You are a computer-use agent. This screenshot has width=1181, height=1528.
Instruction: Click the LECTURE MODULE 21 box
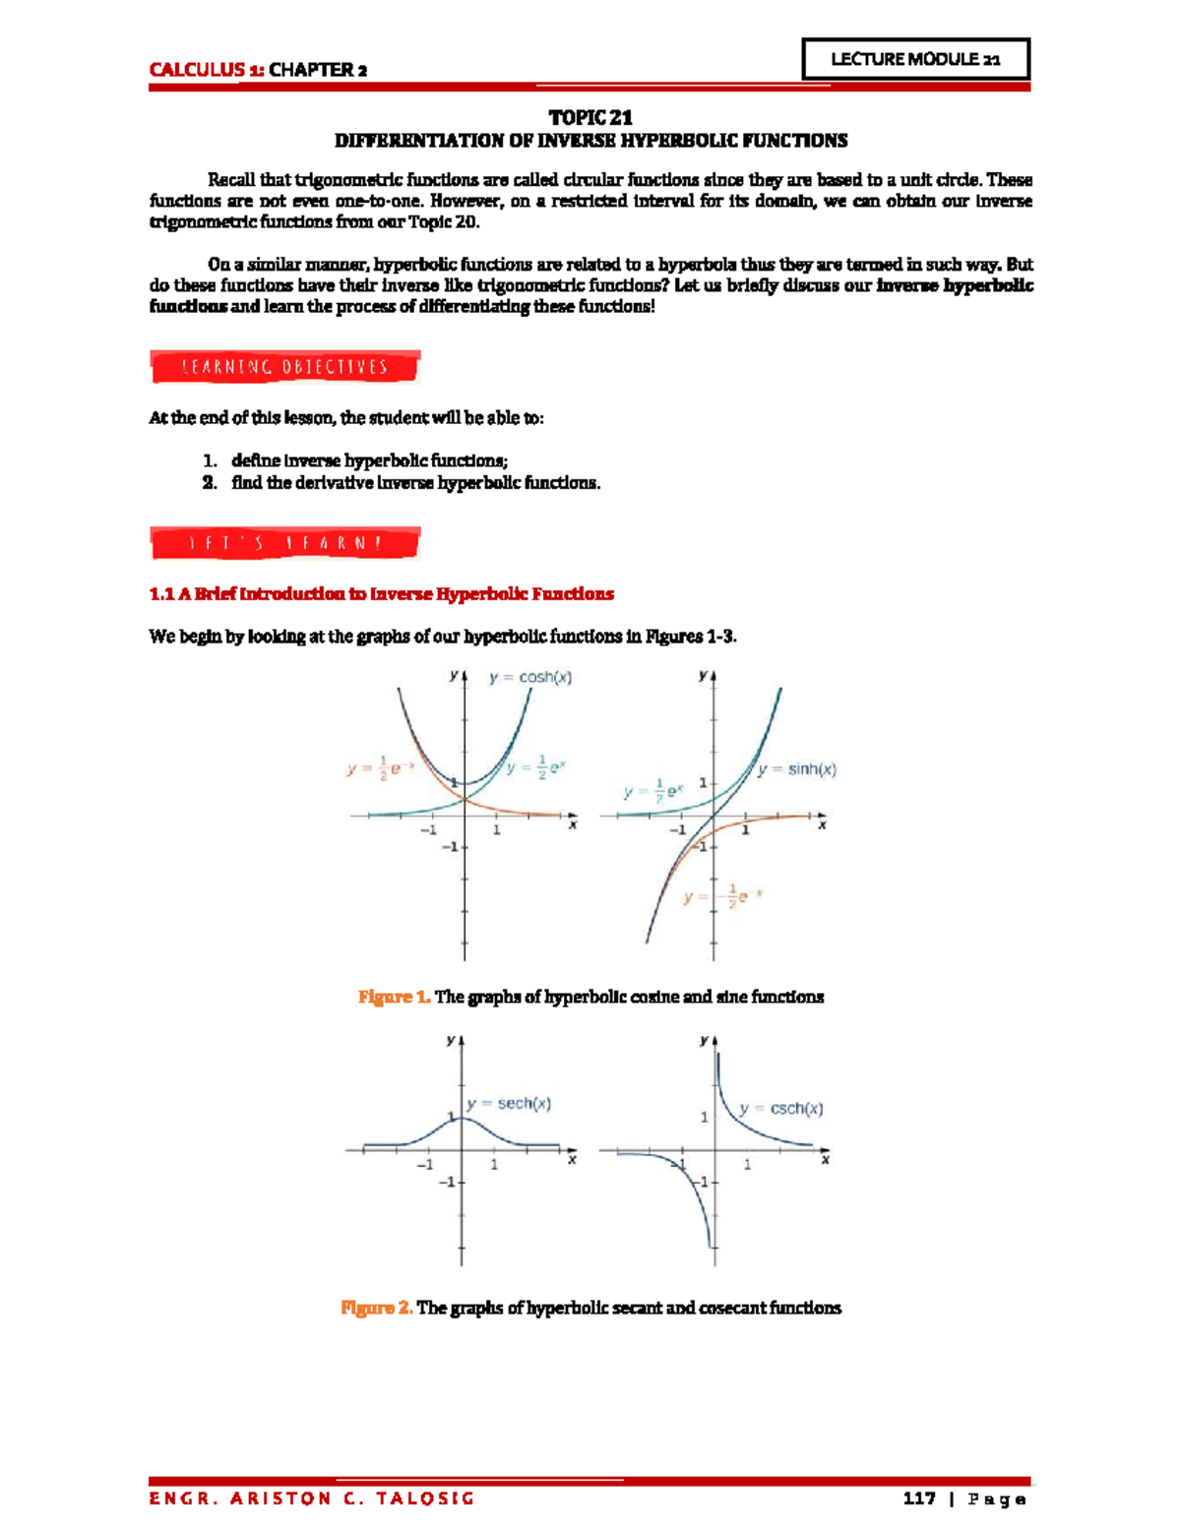click(915, 59)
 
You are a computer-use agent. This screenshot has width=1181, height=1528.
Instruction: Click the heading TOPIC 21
click(590, 117)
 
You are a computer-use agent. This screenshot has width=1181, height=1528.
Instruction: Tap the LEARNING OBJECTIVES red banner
click(284, 367)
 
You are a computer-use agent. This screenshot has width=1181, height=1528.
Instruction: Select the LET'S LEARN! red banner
click(284, 543)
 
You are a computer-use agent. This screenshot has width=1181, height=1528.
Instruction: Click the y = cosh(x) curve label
click(530, 677)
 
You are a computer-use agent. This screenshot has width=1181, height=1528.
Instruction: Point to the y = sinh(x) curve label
click(797, 769)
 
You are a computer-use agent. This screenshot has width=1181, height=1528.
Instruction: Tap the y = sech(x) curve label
click(509, 1103)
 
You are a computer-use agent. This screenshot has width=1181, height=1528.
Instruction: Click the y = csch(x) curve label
click(781, 1108)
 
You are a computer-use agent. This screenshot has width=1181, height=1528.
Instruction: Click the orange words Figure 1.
click(394, 997)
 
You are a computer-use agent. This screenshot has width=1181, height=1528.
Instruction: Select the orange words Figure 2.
click(376, 1308)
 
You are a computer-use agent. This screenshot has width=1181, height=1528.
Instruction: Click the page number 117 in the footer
click(918, 1498)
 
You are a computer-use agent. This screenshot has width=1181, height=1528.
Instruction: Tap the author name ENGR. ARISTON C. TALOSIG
click(311, 1498)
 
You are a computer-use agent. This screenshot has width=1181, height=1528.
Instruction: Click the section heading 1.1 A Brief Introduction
click(381, 593)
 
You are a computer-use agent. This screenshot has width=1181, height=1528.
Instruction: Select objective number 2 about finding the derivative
click(414, 482)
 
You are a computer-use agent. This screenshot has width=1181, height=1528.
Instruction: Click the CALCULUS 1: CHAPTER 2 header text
click(258, 69)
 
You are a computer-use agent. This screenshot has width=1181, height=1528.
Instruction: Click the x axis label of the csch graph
click(825, 1159)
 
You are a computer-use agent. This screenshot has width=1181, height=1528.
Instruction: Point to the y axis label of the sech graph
click(450, 1039)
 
